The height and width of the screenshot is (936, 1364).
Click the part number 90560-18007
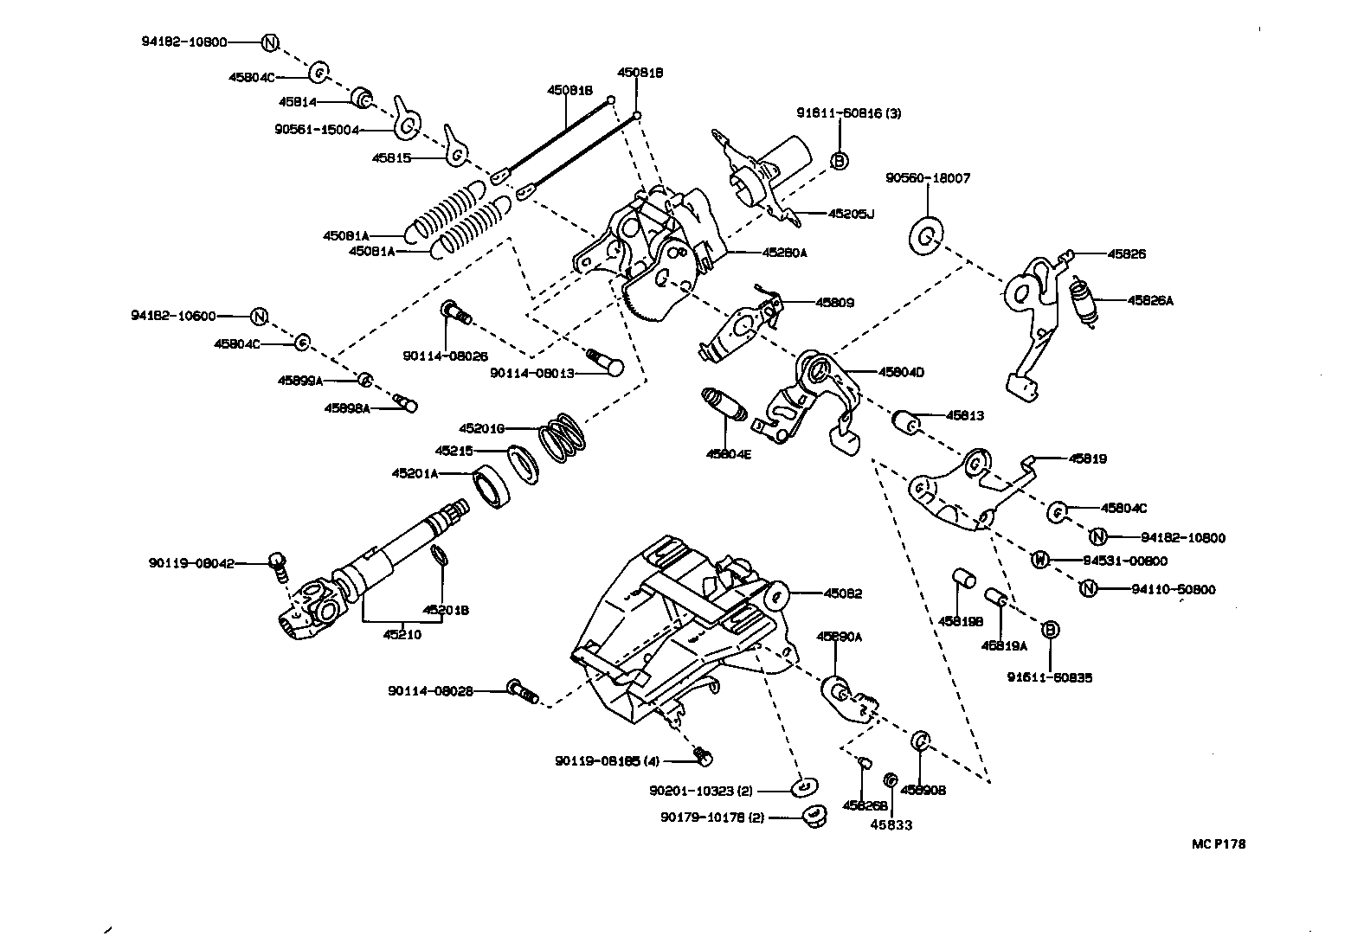928,178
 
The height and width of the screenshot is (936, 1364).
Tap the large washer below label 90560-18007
927,235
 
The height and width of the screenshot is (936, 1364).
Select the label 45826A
1150,300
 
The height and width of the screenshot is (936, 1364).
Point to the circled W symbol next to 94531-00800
1040,561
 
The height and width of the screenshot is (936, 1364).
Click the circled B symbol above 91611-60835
1049,630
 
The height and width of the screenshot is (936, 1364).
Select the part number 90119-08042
190,563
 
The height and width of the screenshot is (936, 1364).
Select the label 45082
842,594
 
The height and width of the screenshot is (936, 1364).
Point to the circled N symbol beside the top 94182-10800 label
269,42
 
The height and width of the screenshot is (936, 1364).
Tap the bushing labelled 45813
907,423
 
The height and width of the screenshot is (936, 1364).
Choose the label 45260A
784,253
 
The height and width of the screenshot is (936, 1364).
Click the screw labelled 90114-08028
521,690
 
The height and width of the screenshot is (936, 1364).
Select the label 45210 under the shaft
402,634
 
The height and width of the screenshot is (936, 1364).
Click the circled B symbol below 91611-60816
839,160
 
